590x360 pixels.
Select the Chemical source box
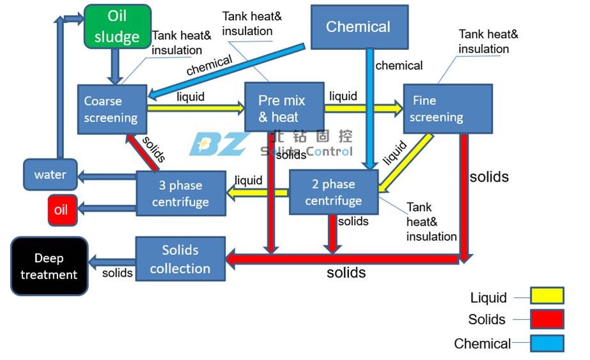(359, 27)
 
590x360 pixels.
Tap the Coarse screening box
(112, 109)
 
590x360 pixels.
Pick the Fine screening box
(447, 109)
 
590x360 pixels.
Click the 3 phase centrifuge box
(181, 193)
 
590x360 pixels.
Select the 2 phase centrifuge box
(333, 192)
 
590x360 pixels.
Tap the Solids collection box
(180, 259)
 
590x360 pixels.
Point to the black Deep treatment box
(49, 266)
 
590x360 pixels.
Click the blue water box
(50, 175)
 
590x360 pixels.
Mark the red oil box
(62, 210)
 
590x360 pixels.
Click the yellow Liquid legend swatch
(547, 295)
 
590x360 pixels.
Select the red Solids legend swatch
(547, 319)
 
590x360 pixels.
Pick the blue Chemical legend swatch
(547, 343)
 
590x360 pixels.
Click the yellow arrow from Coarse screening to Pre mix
(196, 109)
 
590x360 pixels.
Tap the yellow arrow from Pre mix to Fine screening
(363, 108)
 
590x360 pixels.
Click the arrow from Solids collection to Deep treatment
(111, 261)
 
